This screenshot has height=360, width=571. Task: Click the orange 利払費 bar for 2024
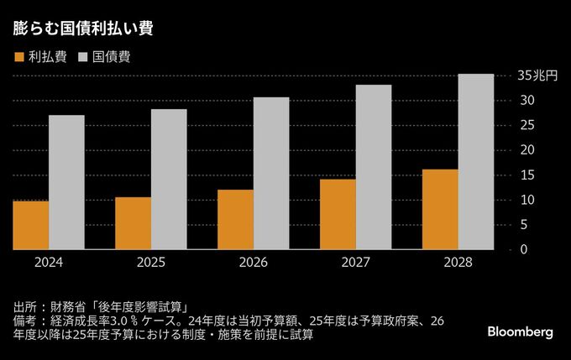pos(30,225)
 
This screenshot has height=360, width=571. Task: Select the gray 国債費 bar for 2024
pos(66,182)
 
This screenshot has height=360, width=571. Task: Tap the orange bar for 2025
pos(133,223)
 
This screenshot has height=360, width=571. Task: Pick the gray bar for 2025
pos(169,180)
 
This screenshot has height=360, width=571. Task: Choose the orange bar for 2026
pos(235,219)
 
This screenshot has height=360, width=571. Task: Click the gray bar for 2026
pos(271,173)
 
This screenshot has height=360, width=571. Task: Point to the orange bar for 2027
pos(338,214)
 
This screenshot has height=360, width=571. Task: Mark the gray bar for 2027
pos(374,167)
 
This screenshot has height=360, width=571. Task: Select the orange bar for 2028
pos(440,209)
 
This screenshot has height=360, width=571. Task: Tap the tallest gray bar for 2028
pos(476,161)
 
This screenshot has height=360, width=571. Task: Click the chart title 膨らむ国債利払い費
pos(82,26)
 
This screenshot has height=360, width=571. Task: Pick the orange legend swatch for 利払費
pos(18,57)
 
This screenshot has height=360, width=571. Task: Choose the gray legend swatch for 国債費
pos(83,57)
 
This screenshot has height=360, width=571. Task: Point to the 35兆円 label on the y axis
pos(537,76)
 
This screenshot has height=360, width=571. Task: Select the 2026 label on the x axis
pos(254,263)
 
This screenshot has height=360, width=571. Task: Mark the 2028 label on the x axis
pos(458,263)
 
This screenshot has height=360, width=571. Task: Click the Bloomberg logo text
pos(520,332)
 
